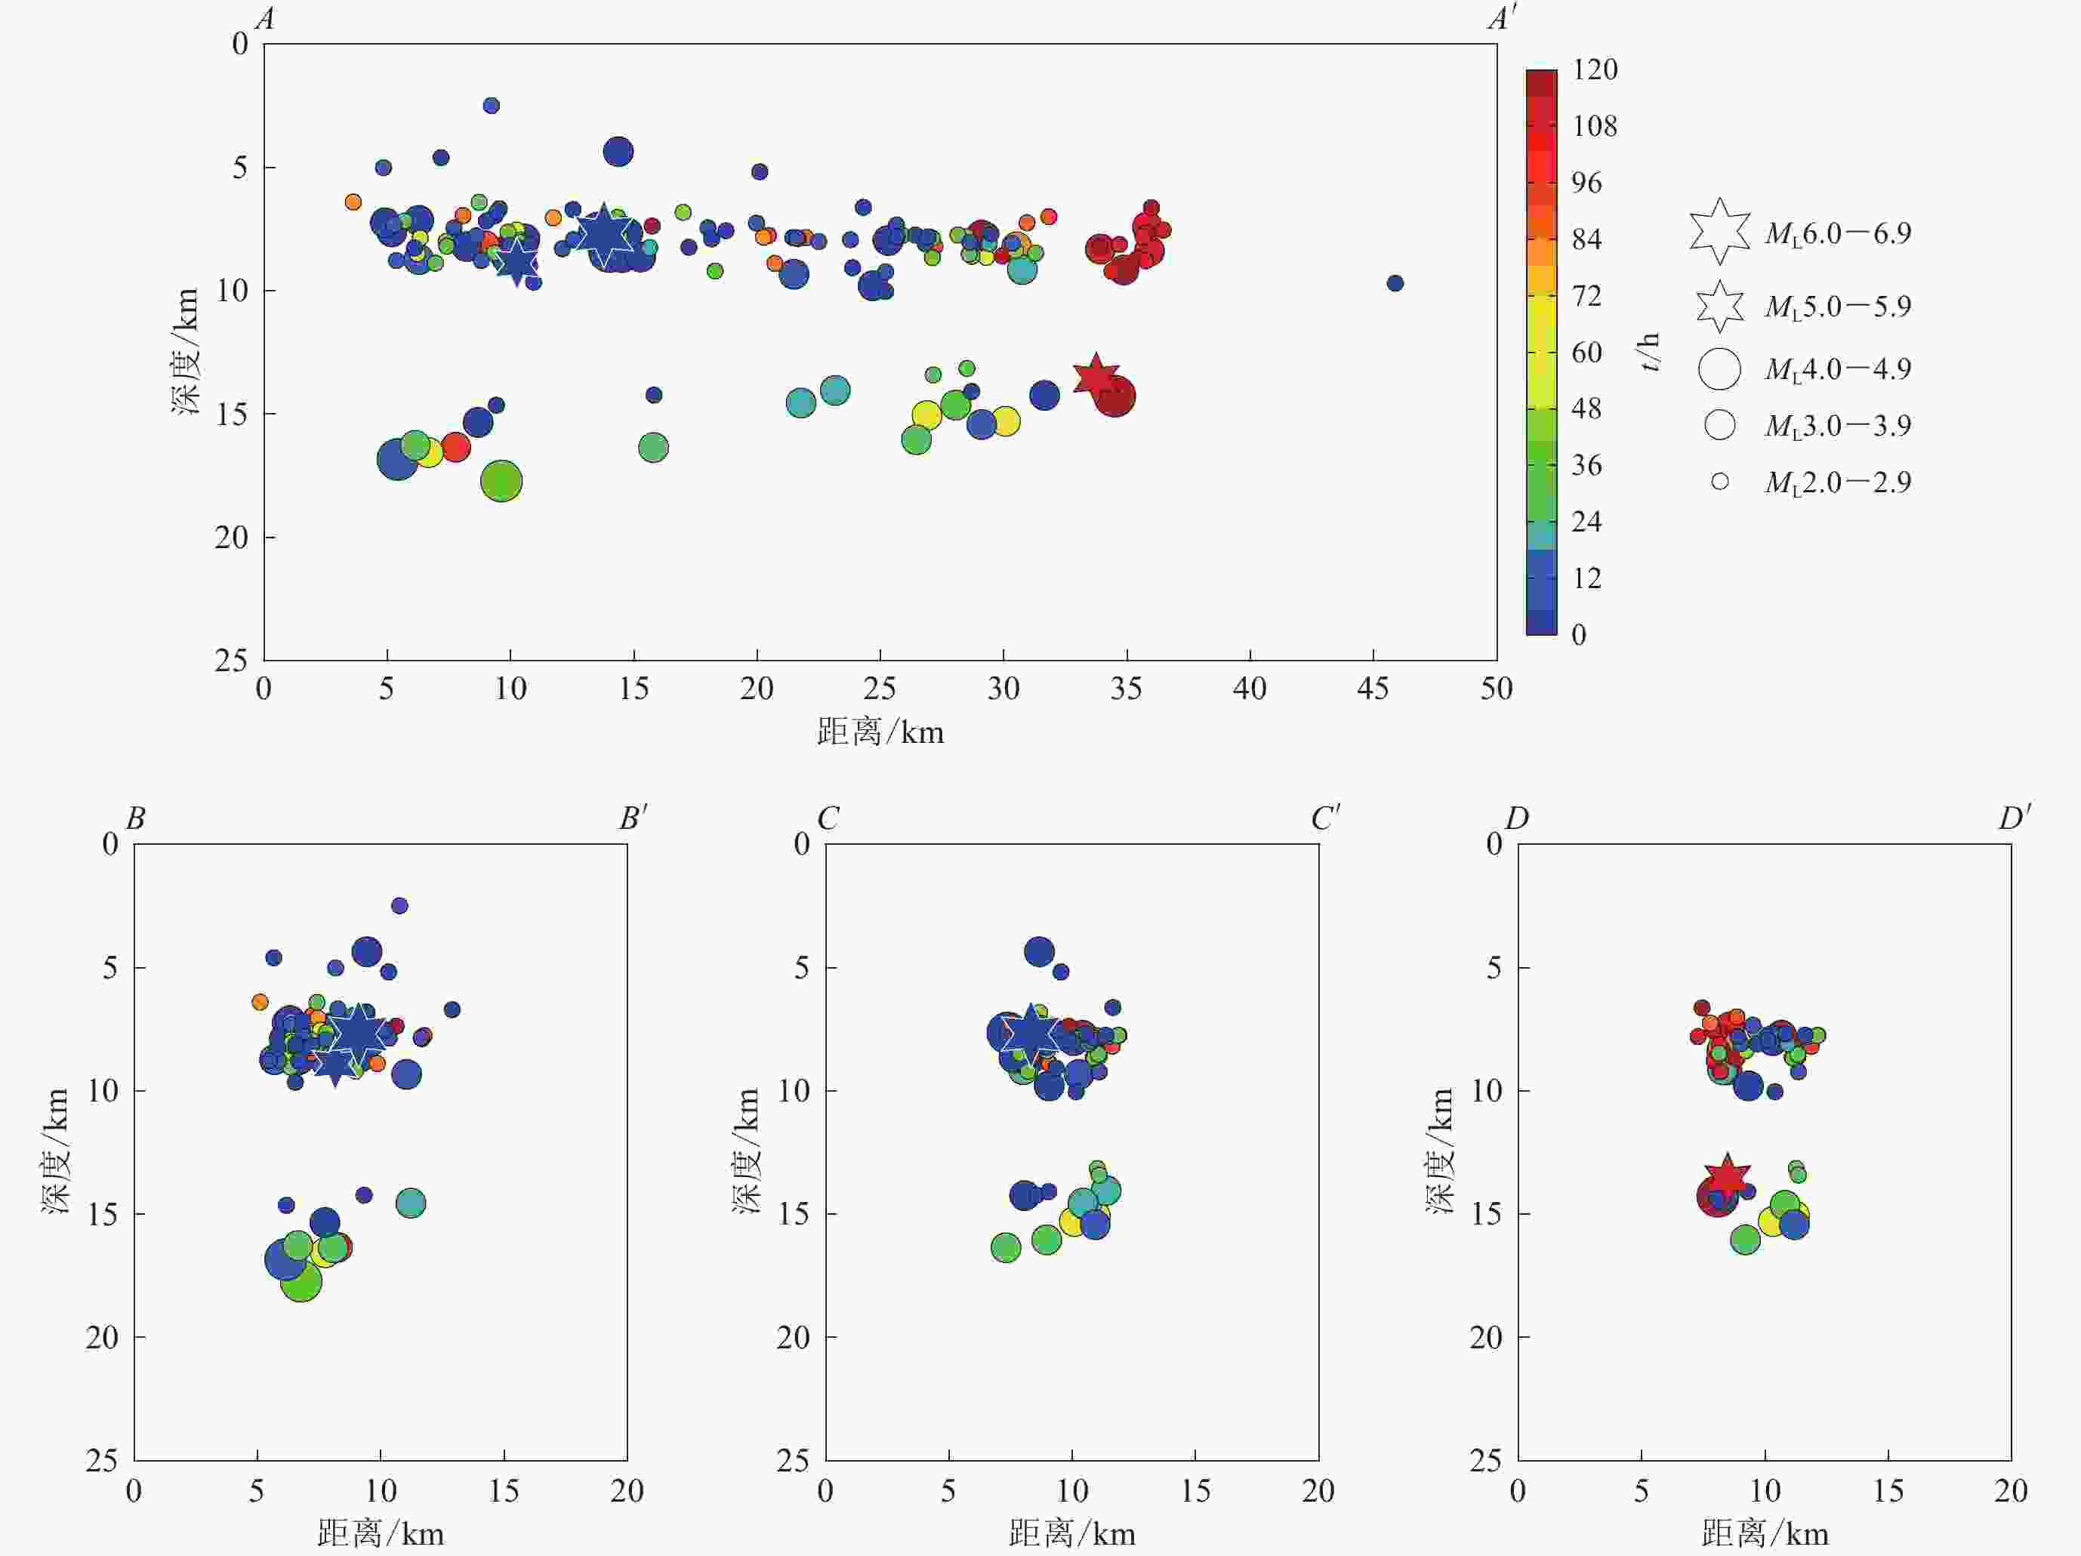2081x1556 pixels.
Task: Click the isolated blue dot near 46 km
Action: (1395, 283)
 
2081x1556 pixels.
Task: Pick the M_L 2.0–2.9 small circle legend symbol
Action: (1720, 482)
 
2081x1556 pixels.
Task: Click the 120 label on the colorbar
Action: (1595, 69)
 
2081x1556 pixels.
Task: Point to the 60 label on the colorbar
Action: (1587, 353)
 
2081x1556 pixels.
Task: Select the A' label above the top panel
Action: (1502, 19)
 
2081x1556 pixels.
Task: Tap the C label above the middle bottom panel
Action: (828, 818)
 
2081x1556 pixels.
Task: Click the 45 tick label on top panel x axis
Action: (1373, 689)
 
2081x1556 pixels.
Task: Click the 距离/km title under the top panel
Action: (880, 732)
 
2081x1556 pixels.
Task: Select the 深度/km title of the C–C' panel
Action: (747, 1151)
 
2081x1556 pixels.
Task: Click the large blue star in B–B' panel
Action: (357, 1033)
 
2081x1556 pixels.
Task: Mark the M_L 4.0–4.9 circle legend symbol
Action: (1720, 368)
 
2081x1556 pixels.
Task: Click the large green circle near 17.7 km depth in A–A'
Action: (501, 482)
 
